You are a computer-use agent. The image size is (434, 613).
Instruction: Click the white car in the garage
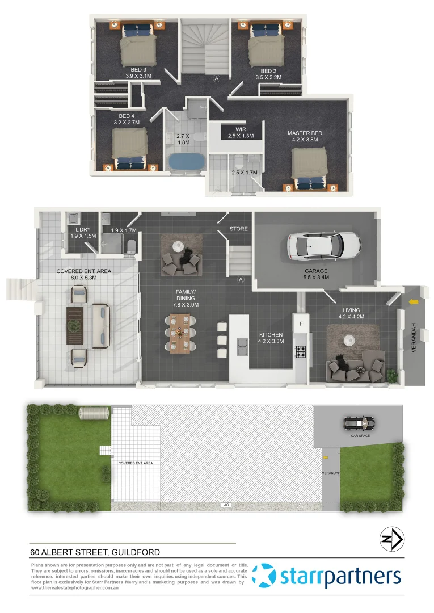click(323, 245)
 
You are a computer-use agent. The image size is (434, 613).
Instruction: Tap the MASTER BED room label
click(305, 137)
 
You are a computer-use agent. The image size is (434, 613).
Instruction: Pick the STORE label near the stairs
click(238, 229)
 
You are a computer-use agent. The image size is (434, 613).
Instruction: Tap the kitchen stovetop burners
click(300, 352)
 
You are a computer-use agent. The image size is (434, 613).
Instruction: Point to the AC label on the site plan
click(226, 505)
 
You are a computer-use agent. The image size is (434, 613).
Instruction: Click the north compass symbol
click(391, 539)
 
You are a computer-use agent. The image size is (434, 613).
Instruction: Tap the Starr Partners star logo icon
click(264, 576)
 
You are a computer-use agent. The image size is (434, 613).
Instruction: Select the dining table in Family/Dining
click(179, 333)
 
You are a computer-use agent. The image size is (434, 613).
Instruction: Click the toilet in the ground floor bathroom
click(131, 246)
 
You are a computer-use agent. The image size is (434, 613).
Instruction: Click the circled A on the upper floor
click(216, 79)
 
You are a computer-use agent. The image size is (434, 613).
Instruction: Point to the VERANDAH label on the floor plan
click(414, 338)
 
